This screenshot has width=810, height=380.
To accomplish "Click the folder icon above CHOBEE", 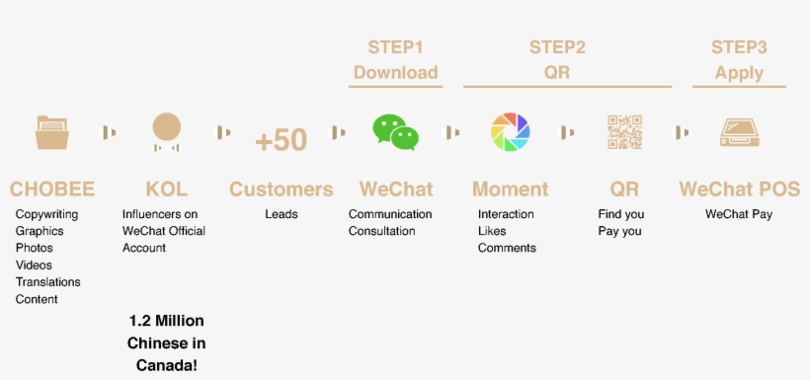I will pos(51,132).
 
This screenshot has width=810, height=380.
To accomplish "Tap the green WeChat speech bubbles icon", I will pos(395,132).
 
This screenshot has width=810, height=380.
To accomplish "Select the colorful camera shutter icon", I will pos(511,132).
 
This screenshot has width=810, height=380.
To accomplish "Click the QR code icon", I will pos(624,132).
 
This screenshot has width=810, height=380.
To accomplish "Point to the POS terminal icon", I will pos(739,132).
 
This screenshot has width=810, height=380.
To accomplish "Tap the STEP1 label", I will pos(395,46).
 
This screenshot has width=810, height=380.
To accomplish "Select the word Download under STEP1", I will pos(395,72).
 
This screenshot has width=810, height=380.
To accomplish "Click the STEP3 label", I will pos(739,46).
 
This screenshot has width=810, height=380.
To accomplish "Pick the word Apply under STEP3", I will pos(739,72).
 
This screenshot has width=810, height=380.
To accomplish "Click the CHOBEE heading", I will pos(51,189).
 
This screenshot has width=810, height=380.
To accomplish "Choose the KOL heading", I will pos(166,189).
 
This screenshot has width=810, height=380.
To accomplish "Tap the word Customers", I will pos(282,189).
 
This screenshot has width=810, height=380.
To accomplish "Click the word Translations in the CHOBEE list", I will pos(48,282).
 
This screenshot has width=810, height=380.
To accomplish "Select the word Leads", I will pos(282,214).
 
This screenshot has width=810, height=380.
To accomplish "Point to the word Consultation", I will pos(382,231).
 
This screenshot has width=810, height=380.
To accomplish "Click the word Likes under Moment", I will pos(492,231).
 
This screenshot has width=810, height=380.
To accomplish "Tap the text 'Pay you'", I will pos(619,231).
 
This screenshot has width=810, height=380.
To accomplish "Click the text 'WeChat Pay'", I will pos(739,214).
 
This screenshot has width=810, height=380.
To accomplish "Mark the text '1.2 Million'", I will pos(166,322).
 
